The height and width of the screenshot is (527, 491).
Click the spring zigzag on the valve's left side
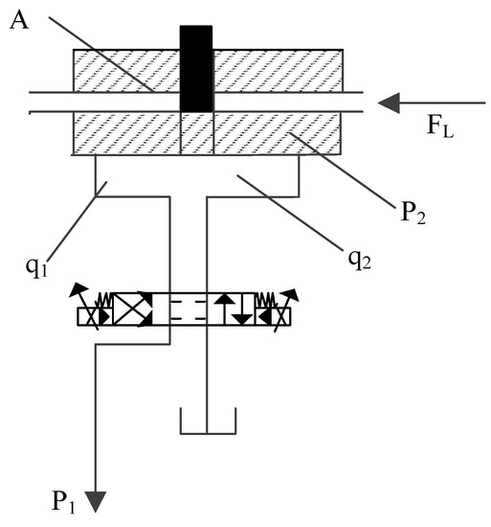click(x=103, y=299)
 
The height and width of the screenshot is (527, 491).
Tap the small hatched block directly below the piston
click(x=196, y=133)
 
